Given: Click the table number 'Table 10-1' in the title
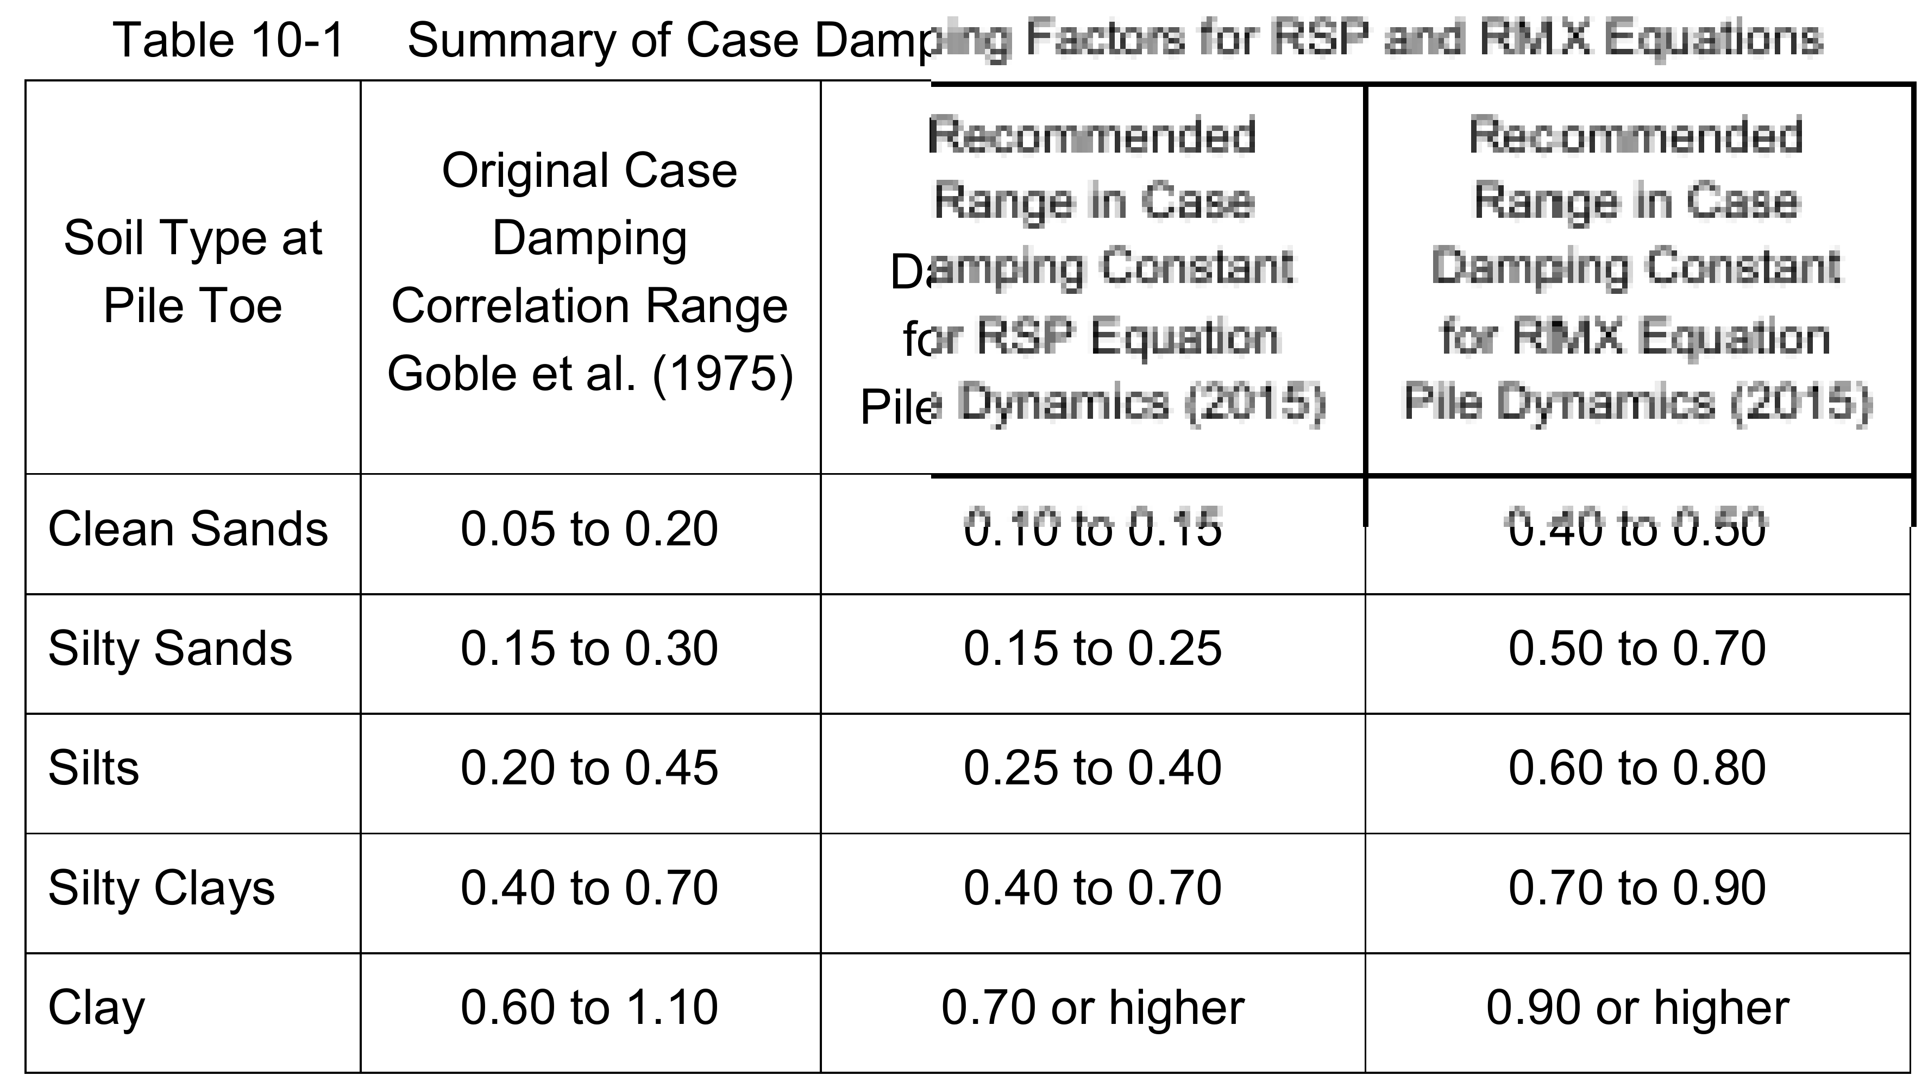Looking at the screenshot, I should click(228, 40).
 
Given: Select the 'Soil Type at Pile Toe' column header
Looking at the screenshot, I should click(192, 272).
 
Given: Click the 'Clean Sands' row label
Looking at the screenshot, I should click(188, 529).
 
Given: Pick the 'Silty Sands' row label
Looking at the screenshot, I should click(170, 648).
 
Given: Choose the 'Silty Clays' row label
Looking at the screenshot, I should click(162, 888).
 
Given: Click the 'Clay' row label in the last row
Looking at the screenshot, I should click(97, 1008).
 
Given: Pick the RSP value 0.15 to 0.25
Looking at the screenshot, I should click(1092, 648).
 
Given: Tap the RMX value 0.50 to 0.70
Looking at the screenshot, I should click(1637, 648).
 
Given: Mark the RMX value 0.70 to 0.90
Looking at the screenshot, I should click(1637, 888).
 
